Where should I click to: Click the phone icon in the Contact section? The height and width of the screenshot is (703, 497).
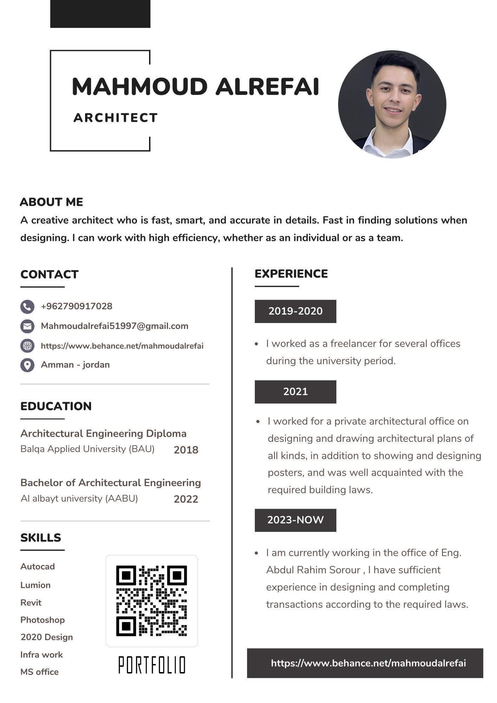click(27, 307)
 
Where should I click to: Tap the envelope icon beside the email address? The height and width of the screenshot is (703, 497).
click(27, 326)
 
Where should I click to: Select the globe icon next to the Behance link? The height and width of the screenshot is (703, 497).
click(27, 346)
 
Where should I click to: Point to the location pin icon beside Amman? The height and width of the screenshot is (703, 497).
click(27, 365)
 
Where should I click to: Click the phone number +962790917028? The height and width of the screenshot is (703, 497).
click(77, 306)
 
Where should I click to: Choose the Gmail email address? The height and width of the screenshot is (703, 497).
click(115, 326)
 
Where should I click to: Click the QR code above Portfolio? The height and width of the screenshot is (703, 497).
click(151, 601)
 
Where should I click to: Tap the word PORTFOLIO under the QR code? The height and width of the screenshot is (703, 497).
click(151, 665)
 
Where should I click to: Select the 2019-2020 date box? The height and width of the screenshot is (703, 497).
click(295, 311)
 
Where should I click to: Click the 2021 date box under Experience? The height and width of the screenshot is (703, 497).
click(295, 392)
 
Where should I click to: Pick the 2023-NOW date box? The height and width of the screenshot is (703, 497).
click(295, 520)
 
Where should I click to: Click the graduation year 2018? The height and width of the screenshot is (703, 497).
click(186, 450)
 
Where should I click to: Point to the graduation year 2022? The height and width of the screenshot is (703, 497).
click(186, 499)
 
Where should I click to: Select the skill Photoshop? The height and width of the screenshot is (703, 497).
click(43, 620)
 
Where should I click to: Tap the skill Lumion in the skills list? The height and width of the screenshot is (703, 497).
click(35, 585)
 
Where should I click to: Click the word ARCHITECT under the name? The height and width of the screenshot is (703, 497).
click(116, 118)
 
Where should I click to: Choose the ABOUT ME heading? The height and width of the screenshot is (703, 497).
click(52, 202)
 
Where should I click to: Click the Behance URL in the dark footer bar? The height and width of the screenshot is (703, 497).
click(368, 663)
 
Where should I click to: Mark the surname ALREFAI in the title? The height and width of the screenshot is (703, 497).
click(267, 86)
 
